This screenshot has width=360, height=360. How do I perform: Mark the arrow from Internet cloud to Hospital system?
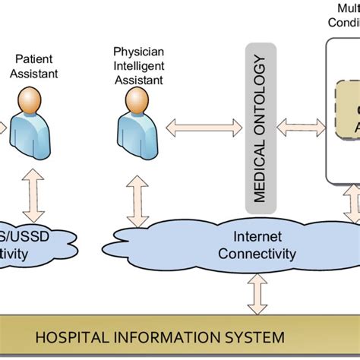click(x=257, y=293)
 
